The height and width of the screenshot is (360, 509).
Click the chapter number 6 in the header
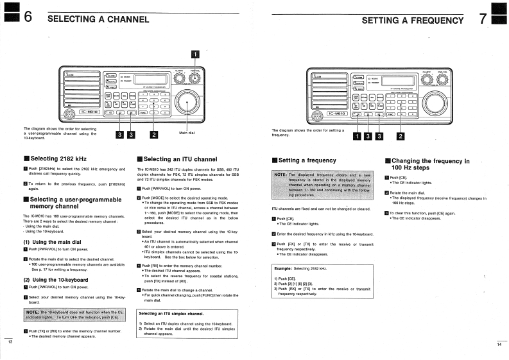pos(28,18)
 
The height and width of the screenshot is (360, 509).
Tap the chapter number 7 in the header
pos(482,19)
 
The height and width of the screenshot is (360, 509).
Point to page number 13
pos(10,341)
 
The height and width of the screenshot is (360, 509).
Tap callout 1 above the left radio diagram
pos(194,53)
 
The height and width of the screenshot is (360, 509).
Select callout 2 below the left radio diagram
pos(154,134)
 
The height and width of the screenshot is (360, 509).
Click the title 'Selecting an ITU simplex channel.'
pos(171,314)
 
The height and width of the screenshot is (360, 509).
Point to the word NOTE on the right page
pos(280,174)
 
